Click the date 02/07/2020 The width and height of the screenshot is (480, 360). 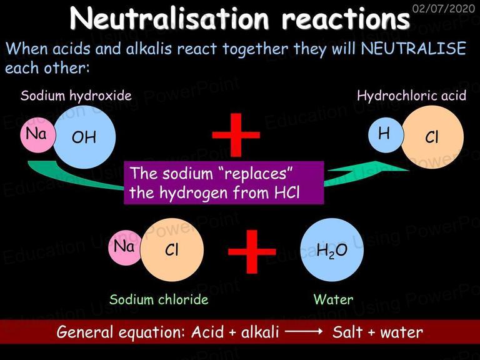(444, 8)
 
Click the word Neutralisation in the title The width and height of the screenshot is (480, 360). (169, 18)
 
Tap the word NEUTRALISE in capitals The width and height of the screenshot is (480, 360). (414, 49)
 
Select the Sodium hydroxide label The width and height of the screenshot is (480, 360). (76, 96)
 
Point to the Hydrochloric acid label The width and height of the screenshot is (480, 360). (411, 96)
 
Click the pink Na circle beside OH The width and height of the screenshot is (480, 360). (37, 135)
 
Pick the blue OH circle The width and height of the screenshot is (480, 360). (84, 137)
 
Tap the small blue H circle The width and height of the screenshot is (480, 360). (386, 135)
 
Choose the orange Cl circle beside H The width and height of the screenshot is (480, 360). (432, 137)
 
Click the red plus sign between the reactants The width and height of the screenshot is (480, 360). (236, 135)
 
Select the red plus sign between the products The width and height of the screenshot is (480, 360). (252, 252)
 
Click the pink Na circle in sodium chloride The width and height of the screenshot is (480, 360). (125, 247)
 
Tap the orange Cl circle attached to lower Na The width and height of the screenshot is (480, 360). (172, 250)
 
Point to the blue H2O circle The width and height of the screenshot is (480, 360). (332, 250)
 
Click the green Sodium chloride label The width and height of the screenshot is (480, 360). (159, 299)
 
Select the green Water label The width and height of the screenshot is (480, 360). (333, 299)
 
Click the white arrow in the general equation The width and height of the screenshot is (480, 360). (303, 331)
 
